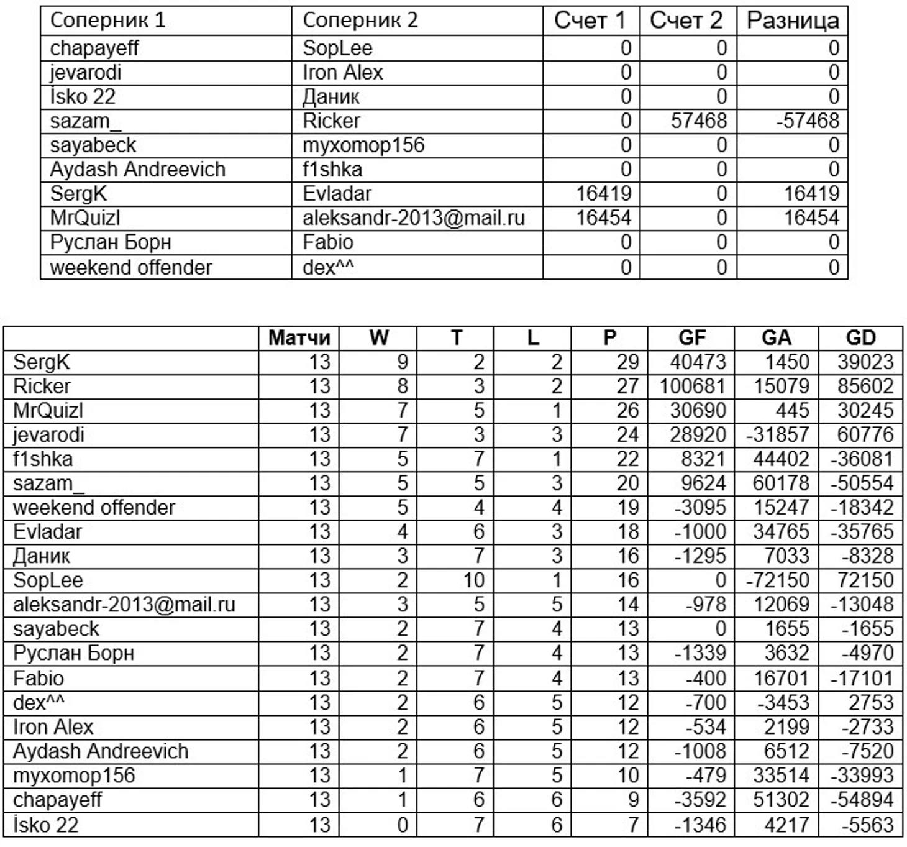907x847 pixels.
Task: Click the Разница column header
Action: click(792, 21)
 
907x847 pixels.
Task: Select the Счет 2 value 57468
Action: click(699, 121)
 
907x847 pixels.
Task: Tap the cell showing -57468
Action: click(807, 121)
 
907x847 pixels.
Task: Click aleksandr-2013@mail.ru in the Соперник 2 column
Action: click(413, 218)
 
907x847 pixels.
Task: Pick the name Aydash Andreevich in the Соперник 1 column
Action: click(137, 170)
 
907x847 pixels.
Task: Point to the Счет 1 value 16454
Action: click(603, 218)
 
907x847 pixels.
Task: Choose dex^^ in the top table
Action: click(328, 268)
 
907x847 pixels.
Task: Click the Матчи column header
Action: click(299, 338)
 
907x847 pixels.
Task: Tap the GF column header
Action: click(691, 338)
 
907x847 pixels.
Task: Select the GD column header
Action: click(860, 338)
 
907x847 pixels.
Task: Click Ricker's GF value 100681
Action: click(691, 387)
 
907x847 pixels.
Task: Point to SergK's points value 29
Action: click(627, 362)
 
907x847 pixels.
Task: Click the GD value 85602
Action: click(865, 387)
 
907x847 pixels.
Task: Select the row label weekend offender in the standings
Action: click(94, 508)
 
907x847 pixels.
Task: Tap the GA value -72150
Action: click(777, 580)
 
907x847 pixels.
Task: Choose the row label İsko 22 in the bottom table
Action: click(46, 825)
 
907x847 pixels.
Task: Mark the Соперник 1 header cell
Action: click(107, 21)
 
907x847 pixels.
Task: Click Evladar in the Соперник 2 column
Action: click(337, 194)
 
